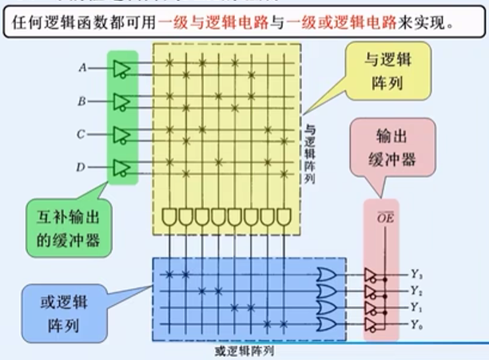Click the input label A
click(82, 68)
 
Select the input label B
click(82, 101)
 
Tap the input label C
click(81, 134)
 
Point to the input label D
click(81, 167)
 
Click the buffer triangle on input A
click(121, 69)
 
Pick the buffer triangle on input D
click(121, 167)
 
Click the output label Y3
click(416, 275)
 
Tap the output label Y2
click(416, 291)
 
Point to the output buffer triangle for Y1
click(371, 307)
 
